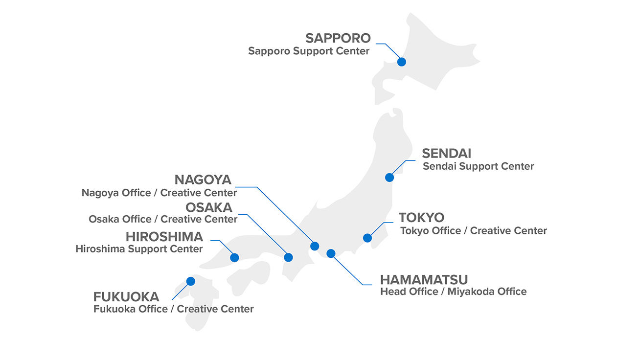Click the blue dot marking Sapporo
(x=402, y=62)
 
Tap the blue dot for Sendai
(x=389, y=178)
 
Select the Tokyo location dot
(x=367, y=238)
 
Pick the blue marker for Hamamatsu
(x=331, y=253)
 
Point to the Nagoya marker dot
(x=315, y=246)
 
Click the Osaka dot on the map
(x=288, y=257)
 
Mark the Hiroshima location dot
(x=234, y=257)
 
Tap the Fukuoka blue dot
(x=191, y=281)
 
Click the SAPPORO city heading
(x=338, y=38)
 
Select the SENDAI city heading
(x=446, y=153)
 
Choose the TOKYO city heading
(x=421, y=217)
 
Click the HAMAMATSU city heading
(x=424, y=280)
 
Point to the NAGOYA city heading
(x=203, y=180)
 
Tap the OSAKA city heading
(x=208, y=207)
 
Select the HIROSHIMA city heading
(x=164, y=237)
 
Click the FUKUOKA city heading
(x=126, y=297)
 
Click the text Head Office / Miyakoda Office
(x=453, y=292)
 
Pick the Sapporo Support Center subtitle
(x=309, y=51)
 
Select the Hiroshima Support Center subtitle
(x=139, y=249)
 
